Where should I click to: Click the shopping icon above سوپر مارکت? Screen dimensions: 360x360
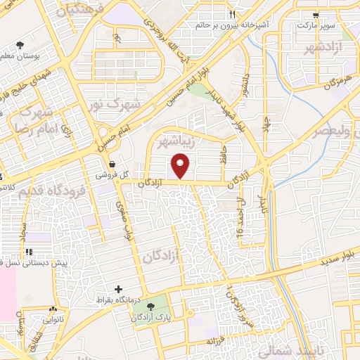click(316, 14)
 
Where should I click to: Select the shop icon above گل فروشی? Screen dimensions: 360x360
click(112, 164)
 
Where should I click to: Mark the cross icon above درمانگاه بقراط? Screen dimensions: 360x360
click(118, 289)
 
